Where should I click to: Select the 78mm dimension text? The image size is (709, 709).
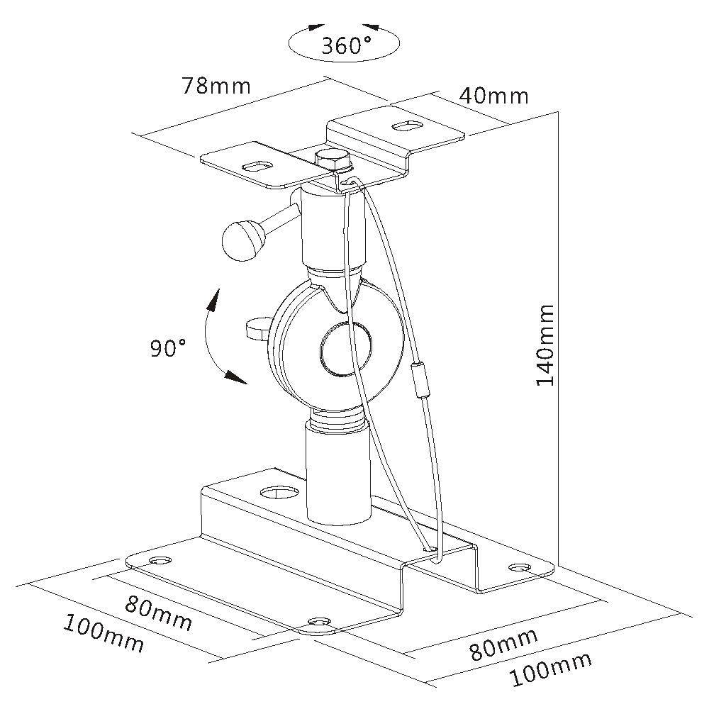click(x=216, y=85)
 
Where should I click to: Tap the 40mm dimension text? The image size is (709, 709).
click(x=493, y=95)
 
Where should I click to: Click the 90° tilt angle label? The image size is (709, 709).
click(x=168, y=347)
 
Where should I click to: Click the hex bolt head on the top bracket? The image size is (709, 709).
click(x=333, y=160)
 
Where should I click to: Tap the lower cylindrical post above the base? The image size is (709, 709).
click(x=337, y=471)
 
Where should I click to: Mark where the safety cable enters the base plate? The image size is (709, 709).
click(x=428, y=547)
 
